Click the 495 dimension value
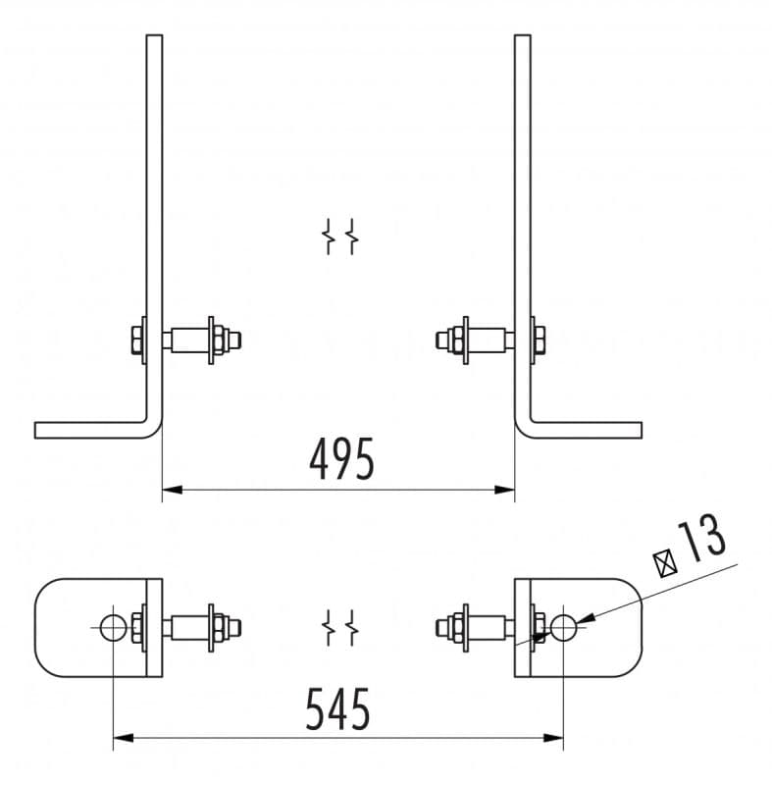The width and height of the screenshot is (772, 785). coord(341,459)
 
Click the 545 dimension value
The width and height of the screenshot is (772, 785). coord(337,708)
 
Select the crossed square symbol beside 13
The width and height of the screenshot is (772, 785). coord(665,563)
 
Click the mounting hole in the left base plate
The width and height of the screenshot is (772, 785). coord(113,628)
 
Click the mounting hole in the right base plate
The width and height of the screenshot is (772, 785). coord(563,628)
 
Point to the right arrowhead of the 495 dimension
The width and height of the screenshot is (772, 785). coord(504,490)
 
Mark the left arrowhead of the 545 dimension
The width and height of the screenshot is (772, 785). coord(124,738)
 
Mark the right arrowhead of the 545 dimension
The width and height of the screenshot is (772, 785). coord(553,738)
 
